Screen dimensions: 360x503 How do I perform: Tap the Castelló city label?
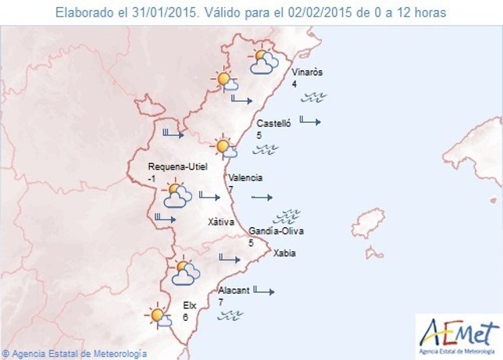coord(273,123)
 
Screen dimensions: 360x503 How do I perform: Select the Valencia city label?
coord(245,177)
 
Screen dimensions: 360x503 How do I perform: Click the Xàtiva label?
coord(221,222)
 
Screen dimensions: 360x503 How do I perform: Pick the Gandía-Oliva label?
coord(276,232)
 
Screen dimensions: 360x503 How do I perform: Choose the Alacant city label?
coord(234,290)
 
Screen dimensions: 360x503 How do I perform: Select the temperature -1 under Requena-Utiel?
coord(151,179)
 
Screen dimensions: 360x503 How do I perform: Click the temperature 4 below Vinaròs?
coord(294,84)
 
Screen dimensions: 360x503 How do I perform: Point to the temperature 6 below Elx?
coord(185,318)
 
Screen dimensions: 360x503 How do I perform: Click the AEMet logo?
coord(457,333)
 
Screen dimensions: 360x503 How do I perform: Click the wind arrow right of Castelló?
coord(310,121)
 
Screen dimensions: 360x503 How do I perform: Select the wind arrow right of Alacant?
coord(266,291)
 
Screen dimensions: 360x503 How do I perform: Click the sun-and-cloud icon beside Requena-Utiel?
coord(177,195)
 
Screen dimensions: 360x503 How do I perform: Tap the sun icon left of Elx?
coord(159,315)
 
